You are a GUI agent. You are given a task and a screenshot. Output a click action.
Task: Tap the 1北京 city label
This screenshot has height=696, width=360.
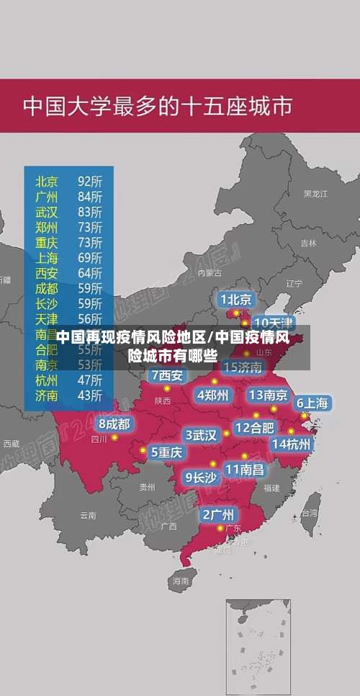point(235,299)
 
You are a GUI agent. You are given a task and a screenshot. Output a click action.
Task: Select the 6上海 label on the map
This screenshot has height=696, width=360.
point(312,403)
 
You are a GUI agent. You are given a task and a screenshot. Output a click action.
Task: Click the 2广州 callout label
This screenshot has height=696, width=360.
point(217,514)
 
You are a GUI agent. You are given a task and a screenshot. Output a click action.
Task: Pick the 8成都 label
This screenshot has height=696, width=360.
point(114,424)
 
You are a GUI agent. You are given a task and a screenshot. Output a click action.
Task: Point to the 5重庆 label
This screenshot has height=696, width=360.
point(166,452)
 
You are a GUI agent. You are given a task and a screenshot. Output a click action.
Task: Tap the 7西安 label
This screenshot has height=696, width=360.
point(167,375)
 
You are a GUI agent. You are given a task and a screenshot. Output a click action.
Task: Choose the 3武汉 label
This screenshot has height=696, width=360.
point(201,434)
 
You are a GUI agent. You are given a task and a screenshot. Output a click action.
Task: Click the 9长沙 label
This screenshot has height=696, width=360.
point(201,477)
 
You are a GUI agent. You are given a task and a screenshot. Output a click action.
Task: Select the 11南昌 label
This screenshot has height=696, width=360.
point(244,469)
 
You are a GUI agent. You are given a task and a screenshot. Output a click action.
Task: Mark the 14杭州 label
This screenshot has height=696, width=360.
point(291,444)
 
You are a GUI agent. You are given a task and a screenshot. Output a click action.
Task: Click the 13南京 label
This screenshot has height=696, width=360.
point(268,395)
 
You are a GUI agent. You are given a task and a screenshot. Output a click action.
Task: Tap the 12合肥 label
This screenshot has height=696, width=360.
point(254,427)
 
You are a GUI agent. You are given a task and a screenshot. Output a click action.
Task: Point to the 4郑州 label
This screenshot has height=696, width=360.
point(212,395)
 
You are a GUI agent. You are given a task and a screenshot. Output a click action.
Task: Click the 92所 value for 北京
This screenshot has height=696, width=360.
point(89,180)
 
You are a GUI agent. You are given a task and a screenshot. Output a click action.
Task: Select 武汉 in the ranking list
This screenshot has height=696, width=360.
point(47,211)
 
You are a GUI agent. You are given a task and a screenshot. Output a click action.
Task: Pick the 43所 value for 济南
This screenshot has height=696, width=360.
point(89,395)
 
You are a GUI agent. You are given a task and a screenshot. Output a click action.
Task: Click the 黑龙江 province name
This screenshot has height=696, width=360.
point(315,194)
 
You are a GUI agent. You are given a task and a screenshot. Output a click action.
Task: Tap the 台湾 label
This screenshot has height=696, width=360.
point(309,513)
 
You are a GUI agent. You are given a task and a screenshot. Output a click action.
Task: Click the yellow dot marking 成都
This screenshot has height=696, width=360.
point(114,437)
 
